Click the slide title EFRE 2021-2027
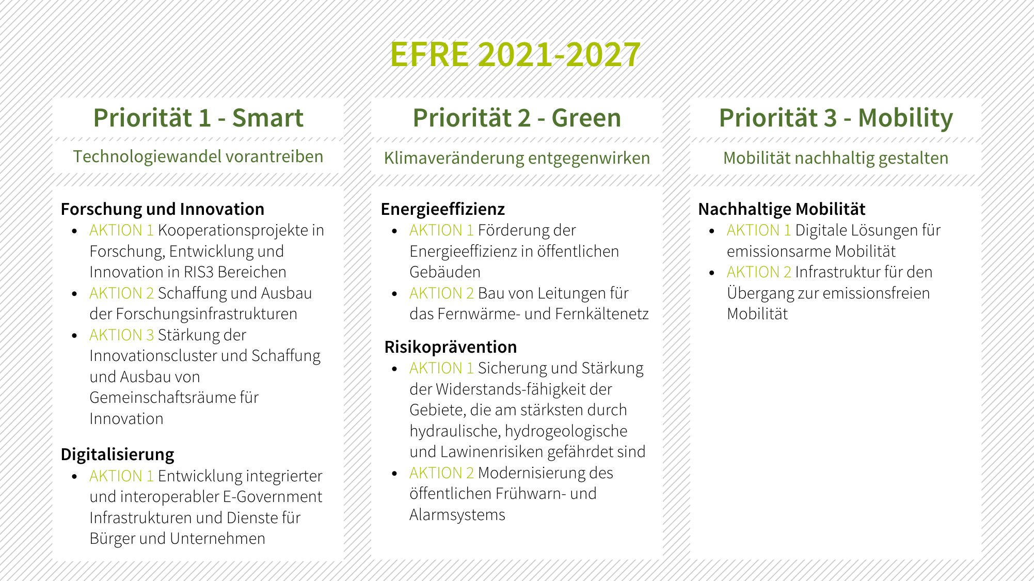pos(515,54)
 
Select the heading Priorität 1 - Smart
pos(198,118)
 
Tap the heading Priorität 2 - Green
pos(517,118)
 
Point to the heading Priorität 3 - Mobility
pos(836,118)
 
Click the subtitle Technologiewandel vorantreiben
pos(198,156)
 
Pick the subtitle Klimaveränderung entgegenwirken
pos(517,158)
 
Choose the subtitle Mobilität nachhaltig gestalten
pos(836,158)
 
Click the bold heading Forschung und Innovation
pos(163,209)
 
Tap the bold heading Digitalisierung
pos(118,454)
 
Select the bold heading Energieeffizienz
pos(443,209)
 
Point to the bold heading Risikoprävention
pos(451,347)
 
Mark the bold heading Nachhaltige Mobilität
pos(782,209)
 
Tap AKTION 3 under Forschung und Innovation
pos(122,335)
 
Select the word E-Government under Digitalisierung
pos(273,497)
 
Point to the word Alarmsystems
pos(457,515)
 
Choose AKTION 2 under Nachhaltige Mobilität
pos(759,272)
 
